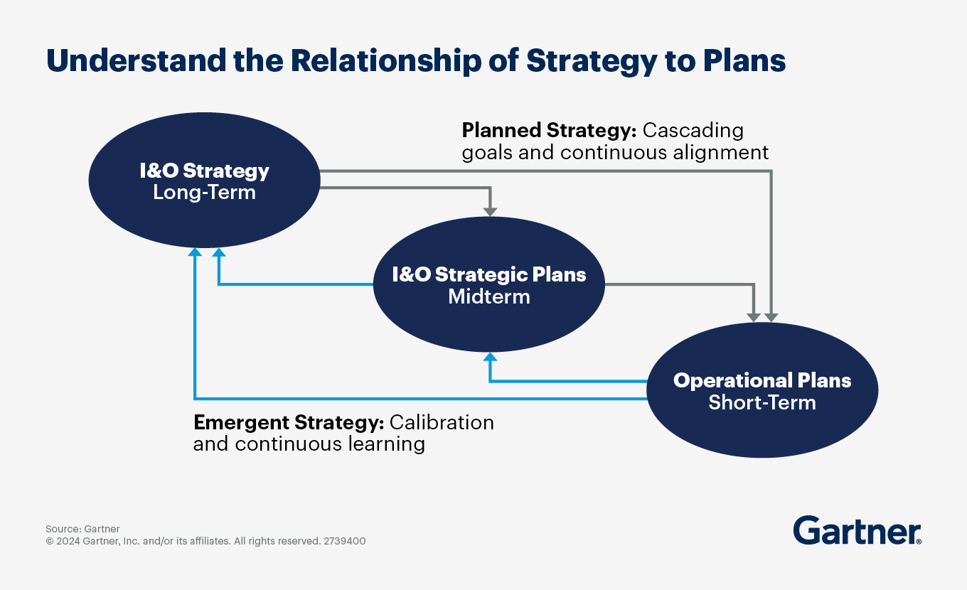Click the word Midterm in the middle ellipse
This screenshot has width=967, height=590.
(489, 296)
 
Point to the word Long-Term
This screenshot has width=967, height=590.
(204, 192)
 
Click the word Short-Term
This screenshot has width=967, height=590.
(762, 402)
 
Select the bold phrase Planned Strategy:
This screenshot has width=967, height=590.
(549, 131)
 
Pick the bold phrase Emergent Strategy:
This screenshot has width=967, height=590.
(289, 422)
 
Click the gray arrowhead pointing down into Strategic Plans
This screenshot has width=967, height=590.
(490, 210)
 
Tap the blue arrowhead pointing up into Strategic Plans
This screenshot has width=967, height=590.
(490, 357)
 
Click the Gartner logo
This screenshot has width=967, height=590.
(857, 531)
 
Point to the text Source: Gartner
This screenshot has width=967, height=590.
(82, 529)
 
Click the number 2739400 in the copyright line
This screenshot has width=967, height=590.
(345, 541)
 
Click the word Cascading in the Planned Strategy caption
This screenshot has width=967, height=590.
(693, 131)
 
